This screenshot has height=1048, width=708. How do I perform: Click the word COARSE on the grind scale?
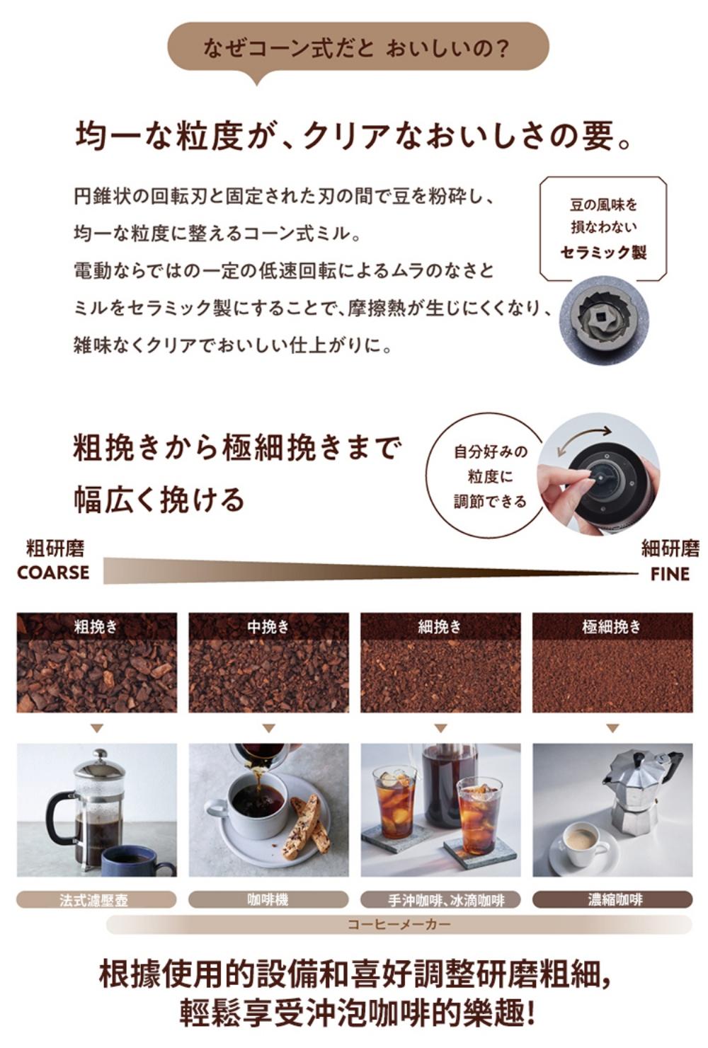pyautogui.click(x=53, y=572)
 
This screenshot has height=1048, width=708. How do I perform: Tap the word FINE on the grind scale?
pyautogui.click(x=670, y=574)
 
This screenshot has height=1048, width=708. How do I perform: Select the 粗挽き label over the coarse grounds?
pyautogui.click(x=96, y=626)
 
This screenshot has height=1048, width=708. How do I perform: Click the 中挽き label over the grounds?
pyautogui.click(x=268, y=626)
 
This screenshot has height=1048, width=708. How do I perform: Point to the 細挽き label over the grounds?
pyautogui.click(x=440, y=626)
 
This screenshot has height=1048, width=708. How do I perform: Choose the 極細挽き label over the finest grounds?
pyautogui.click(x=612, y=626)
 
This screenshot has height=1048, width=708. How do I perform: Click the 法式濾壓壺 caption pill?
pyautogui.click(x=96, y=899)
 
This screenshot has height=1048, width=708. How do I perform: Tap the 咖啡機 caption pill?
pyautogui.click(x=268, y=899)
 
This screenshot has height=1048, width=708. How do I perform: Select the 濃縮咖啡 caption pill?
pyautogui.click(x=612, y=899)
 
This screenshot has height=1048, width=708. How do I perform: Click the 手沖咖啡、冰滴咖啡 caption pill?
pyautogui.click(x=440, y=899)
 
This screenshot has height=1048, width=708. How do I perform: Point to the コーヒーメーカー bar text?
pyautogui.click(x=399, y=924)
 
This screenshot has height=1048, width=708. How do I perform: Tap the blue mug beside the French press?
pyautogui.click(x=136, y=857)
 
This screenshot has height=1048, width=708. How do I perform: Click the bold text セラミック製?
pyautogui.click(x=604, y=253)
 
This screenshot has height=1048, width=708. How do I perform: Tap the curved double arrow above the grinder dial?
pyautogui.click(x=584, y=438)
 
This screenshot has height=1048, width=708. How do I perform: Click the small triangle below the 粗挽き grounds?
pyautogui.click(x=97, y=728)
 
